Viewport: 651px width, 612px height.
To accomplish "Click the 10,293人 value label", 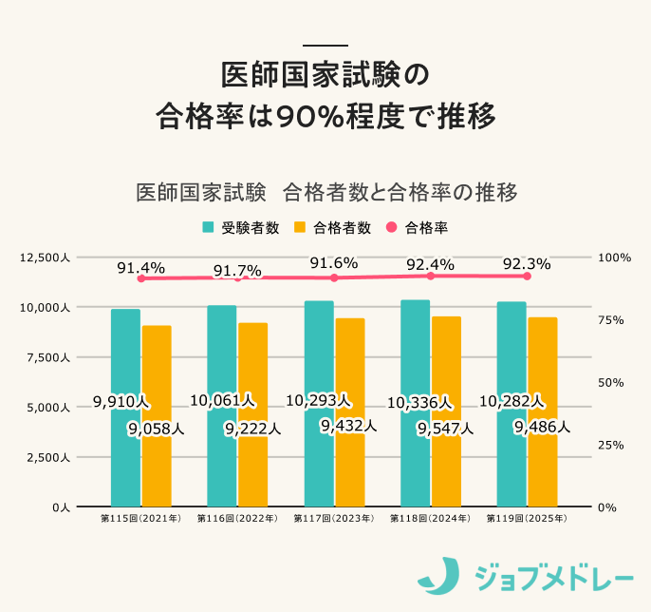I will (x=318, y=401).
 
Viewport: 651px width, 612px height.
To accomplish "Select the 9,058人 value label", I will (x=156, y=429).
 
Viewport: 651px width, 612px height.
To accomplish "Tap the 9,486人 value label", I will (x=542, y=428).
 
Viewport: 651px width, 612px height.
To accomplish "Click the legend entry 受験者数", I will (x=241, y=227).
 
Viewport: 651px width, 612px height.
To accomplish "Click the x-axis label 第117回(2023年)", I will (x=334, y=520).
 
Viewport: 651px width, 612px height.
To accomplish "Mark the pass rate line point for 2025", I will (x=527, y=276).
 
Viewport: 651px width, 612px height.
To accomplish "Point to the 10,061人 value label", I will (x=222, y=401).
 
